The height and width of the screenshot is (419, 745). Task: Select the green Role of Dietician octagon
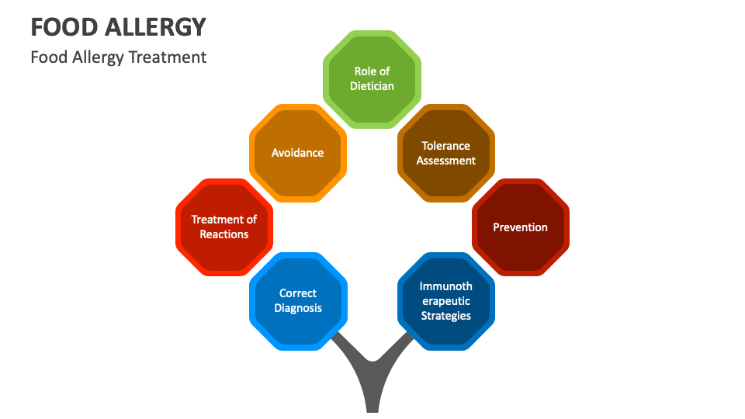tap(372, 78)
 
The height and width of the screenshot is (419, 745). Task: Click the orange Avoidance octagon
tap(297, 153)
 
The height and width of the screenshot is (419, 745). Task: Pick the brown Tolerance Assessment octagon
tap(446, 153)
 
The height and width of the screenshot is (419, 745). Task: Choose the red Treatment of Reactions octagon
tap(223, 227)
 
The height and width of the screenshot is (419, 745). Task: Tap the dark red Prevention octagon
tap(520, 227)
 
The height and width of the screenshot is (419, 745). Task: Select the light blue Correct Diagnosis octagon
tap(298, 301)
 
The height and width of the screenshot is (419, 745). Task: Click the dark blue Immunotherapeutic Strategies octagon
tap(446, 301)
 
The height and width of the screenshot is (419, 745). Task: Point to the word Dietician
tap(372, 86)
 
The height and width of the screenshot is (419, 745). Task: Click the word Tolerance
tap(446, 145)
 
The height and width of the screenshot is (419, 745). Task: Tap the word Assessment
tap(446, 161)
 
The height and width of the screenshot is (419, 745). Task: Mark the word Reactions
tap(224, 234)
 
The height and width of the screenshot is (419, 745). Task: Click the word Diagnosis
tap(298, 308)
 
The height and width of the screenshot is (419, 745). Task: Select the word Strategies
tap(446, 316)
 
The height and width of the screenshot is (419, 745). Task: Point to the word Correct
tap(298, 293)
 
